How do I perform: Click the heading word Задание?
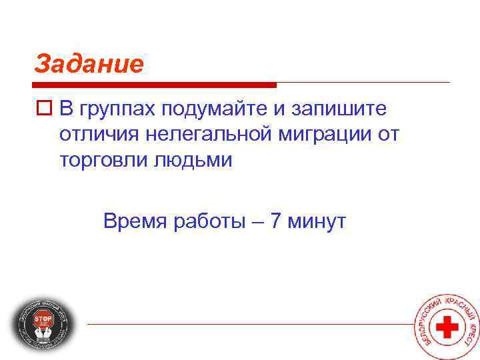pyautogui.click(x=89, y=64)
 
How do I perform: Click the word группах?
pyautogui.click(x=116, y=108)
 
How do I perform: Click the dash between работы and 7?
pyautogui.click(x=258, y=221)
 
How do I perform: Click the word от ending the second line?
pyautogui.click(x=387, y=134)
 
